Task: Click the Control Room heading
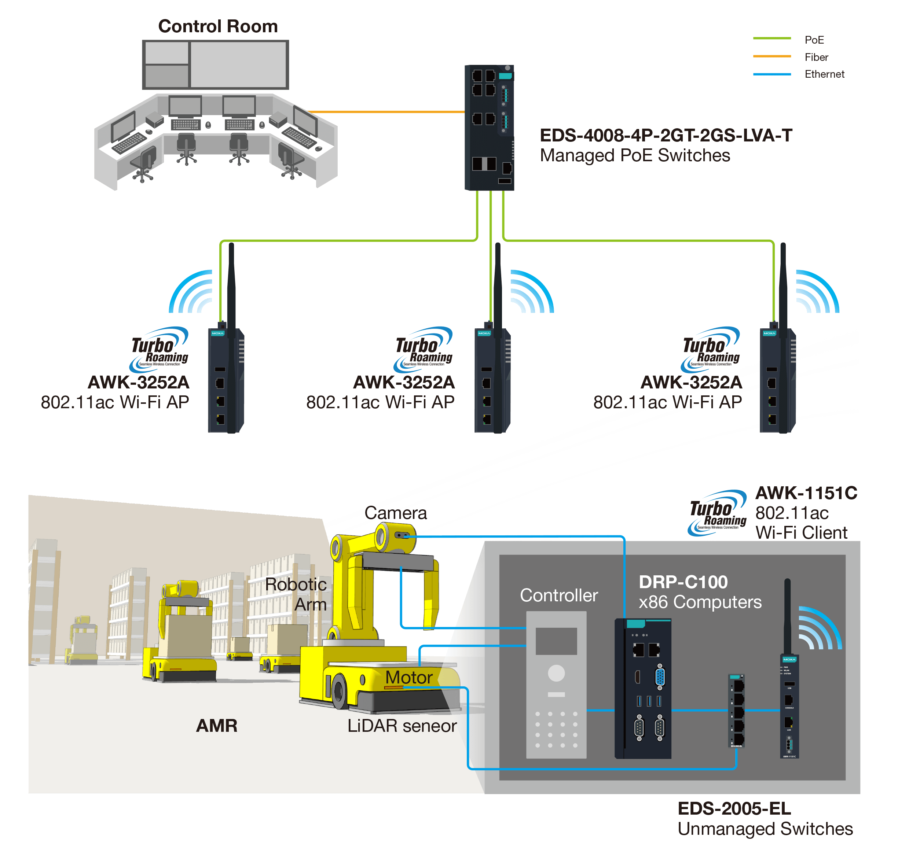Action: [218, 26]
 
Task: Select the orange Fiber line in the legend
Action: [771, 56]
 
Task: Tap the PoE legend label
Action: [814, 40]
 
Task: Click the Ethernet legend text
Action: [824, 74]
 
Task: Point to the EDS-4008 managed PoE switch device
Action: [489, 127]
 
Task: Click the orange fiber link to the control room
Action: [386, 112]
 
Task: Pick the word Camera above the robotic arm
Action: [395, 513]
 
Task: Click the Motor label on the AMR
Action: [408, 678]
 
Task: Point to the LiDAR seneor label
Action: [402, 726]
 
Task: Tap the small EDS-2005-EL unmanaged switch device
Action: [737, 711]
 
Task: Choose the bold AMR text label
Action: [216, 726]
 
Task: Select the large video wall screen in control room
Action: [239, 64]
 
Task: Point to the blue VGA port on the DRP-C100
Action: [660, 677]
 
